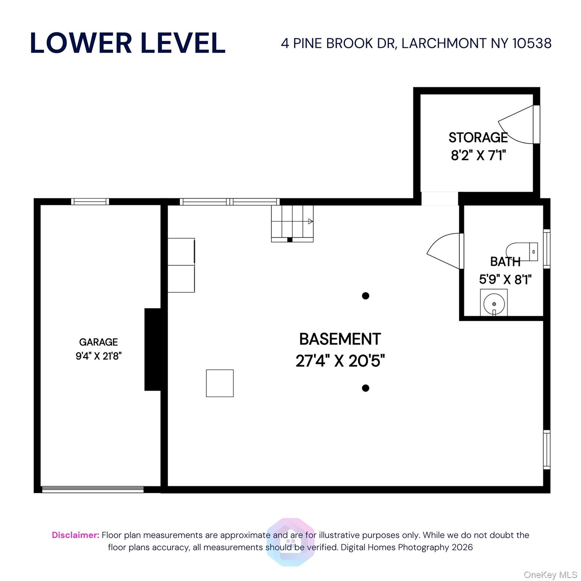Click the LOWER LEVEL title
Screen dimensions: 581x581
tap(127, 43)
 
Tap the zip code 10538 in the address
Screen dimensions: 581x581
tap(532, 43)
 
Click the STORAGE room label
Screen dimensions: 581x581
tap(478, 137)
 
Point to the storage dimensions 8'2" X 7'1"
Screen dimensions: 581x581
tap(478, 155)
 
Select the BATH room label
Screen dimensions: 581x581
tap(505, 261)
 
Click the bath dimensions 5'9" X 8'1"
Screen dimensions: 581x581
tap(505, 279)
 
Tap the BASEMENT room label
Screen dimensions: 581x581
tap(340, 339)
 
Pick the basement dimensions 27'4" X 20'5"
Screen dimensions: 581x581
tap(340, 360)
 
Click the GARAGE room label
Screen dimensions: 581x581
tap(98, 342)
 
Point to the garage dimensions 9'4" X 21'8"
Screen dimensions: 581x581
tap(98, 356)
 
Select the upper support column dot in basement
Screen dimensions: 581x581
tap(365, 296)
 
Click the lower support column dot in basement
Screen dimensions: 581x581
tap(365, 388)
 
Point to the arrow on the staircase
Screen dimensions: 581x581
tap(311, 222)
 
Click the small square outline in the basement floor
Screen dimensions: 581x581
tap(220, 383)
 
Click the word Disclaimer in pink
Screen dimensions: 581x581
tap(76, 535)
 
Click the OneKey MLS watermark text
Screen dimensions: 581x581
tap(550, 575)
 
